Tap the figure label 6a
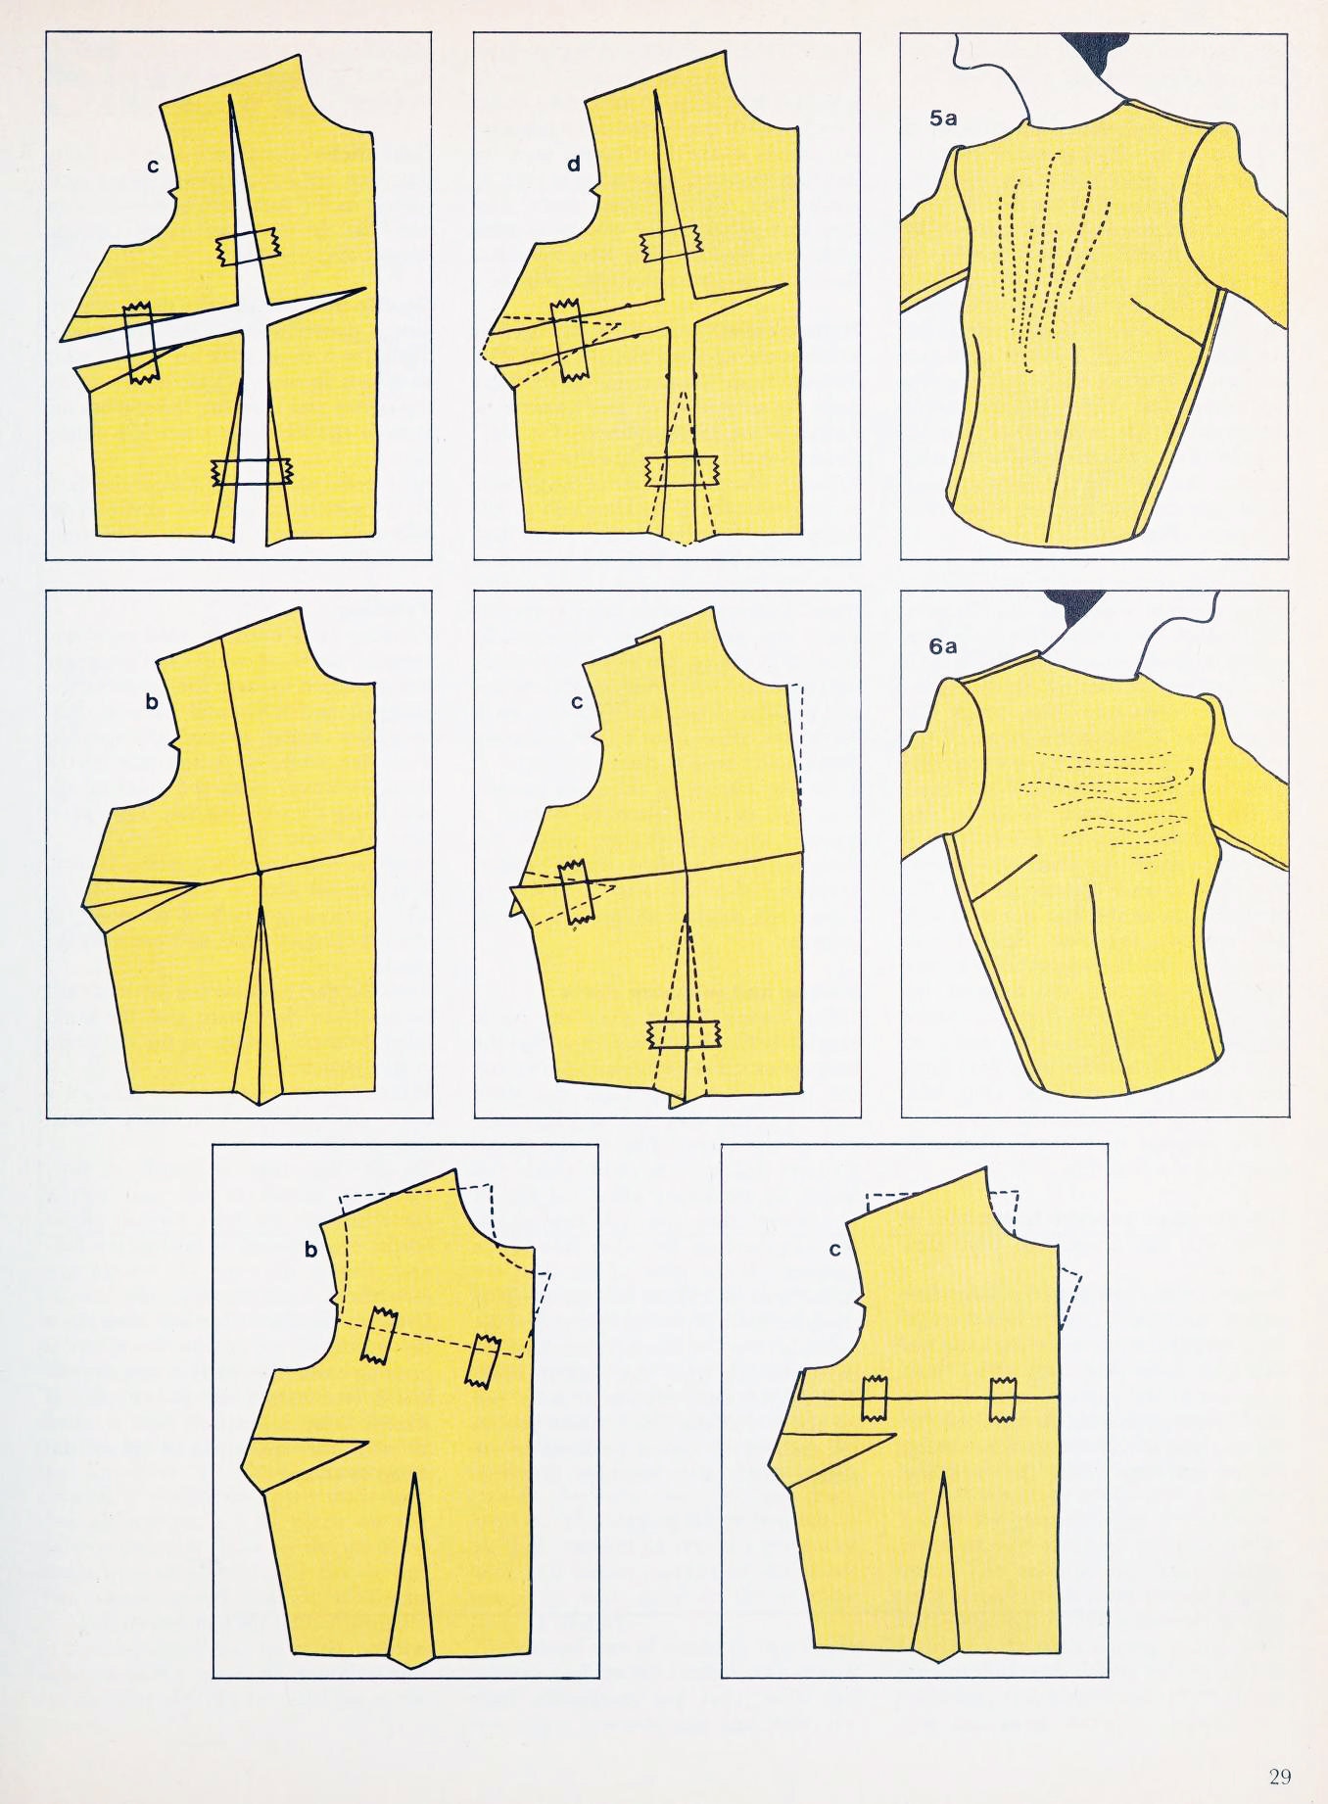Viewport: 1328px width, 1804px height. pos(943,645)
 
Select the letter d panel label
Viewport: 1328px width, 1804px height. pos(574,165)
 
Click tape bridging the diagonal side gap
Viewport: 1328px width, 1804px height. pos(140,343)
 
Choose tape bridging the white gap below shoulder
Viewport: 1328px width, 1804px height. pos(247,247)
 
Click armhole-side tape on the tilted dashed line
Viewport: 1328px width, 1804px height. pos(378,1335)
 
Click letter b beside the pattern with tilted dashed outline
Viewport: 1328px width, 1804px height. pos(311,1249)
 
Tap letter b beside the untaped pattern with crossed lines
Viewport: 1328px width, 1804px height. pos(152,702)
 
